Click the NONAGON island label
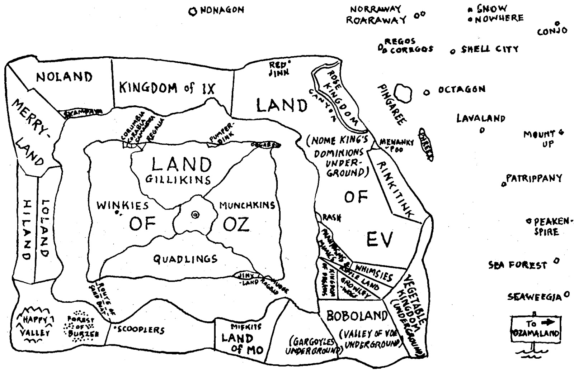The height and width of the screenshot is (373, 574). point(221,10)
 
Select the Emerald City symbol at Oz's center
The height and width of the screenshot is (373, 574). point(195,215)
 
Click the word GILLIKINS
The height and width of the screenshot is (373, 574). point(178,179)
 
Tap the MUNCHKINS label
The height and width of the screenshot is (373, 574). point(247,205)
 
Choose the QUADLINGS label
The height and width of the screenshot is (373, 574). point(185,259)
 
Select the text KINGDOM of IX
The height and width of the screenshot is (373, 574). point(168,88)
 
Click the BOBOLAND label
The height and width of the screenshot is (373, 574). point(357,316)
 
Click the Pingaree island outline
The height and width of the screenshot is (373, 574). point(403,93)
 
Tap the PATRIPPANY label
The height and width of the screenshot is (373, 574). point(534,178)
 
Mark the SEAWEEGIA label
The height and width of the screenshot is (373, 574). point(534,297)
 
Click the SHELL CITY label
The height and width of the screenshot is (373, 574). point(490,49)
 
